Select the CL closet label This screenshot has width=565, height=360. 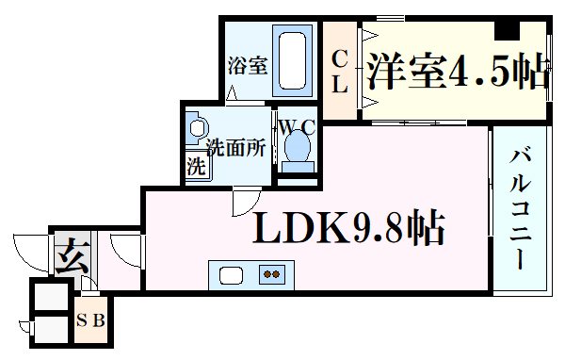[x=340, y=71]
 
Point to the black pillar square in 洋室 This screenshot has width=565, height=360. [x=508, y=27]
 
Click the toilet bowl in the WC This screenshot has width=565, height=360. [x=297, y=148]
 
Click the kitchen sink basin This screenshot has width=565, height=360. [x=232, y=274]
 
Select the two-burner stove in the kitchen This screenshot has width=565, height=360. [x=273, y=274]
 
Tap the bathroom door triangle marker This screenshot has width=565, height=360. [x=234, y=93]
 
